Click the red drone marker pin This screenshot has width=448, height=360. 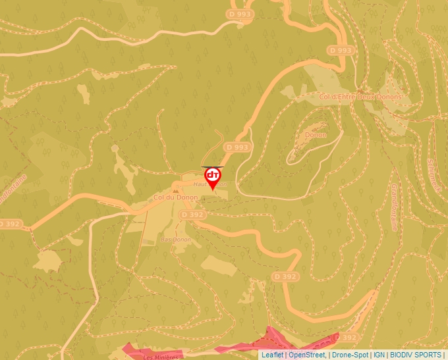tap(213, 177)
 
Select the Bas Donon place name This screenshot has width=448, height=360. tap(176, 240)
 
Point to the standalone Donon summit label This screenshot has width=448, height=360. tap(316, 135)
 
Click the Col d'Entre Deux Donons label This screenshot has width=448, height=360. tap(360, 97)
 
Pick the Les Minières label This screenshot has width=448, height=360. tap(161, 357)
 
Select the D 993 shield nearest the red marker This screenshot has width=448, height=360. tap(237, 147)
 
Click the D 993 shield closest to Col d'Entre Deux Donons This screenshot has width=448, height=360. tap(341, 50)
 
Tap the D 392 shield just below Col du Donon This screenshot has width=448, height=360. tap(192, 215)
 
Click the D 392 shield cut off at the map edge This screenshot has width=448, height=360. tap(9, 224)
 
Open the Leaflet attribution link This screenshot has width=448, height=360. tap(272, 355)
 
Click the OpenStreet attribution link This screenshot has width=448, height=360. tap(307, 355)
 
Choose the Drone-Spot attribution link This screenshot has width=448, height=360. tap(350, 355)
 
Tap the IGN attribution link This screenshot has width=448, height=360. tap(379, 355)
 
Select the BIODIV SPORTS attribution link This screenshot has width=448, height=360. tap(416, 355)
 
